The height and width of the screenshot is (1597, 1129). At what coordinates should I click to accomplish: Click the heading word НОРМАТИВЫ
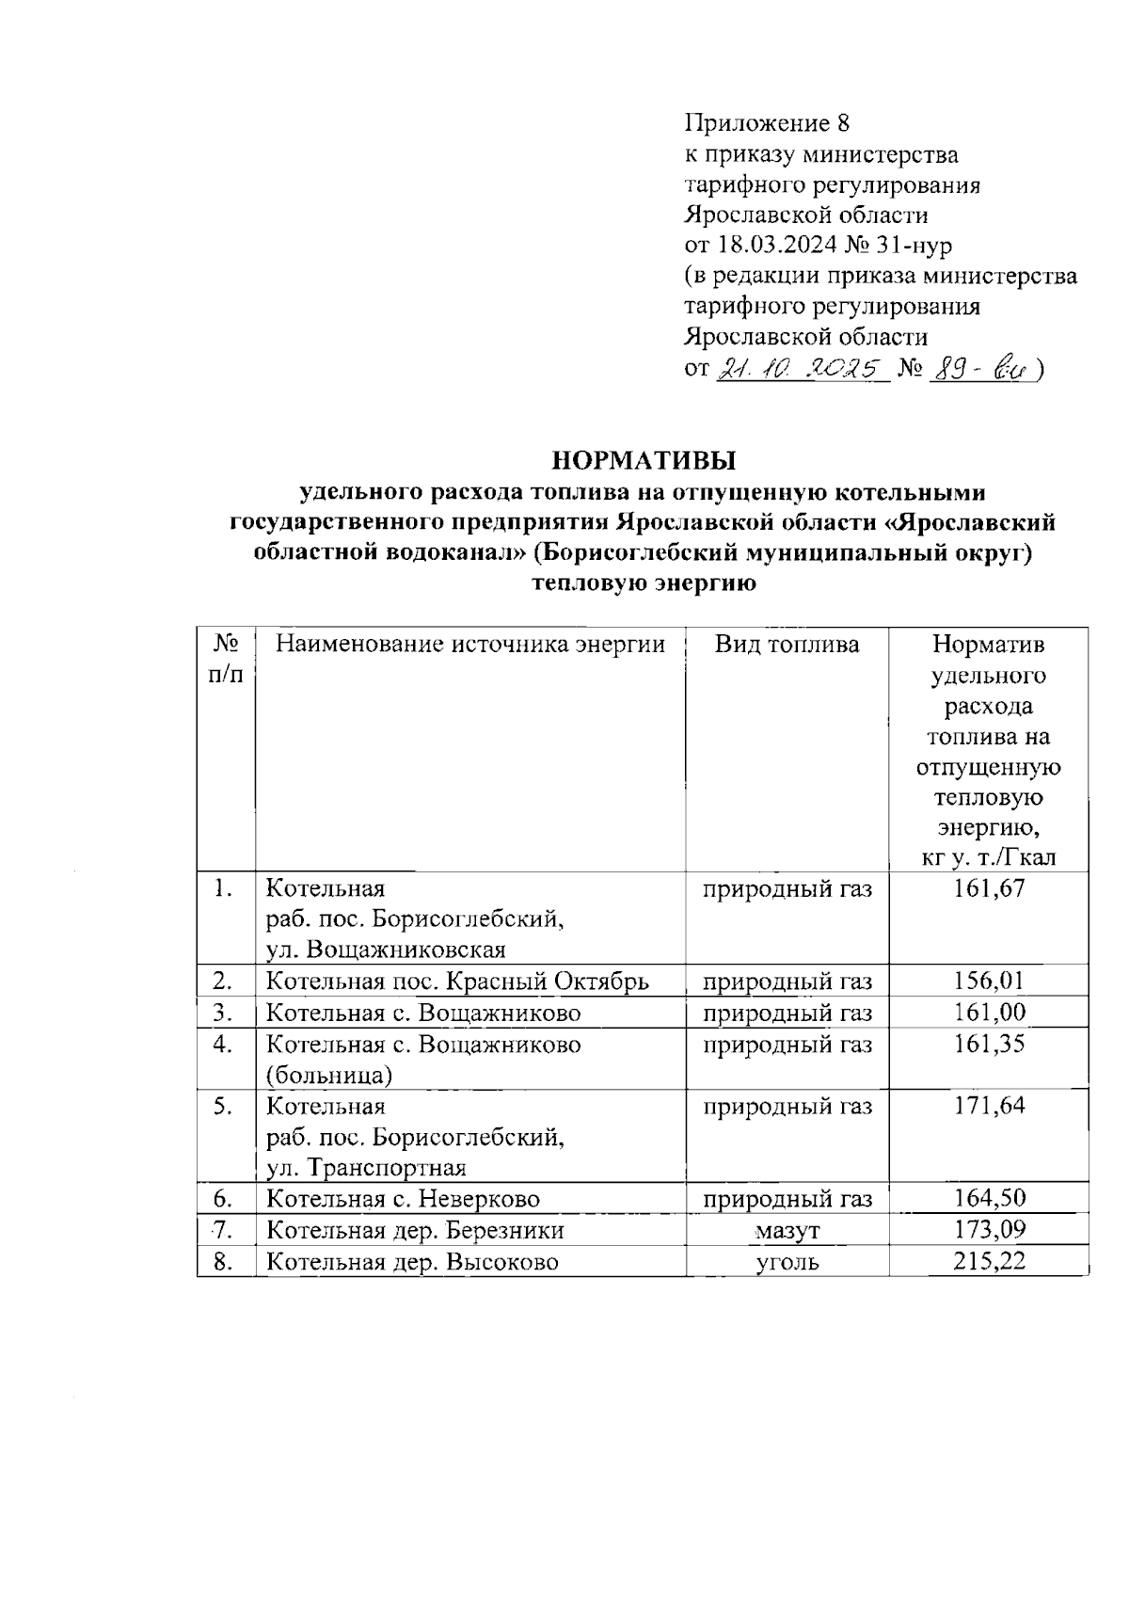pos(643,460)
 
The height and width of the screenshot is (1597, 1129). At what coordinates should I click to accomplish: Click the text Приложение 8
pos(766,123)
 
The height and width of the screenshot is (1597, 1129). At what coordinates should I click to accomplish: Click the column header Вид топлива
pos(787,645)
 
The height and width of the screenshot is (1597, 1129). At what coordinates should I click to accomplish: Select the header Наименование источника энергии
pos(469,645)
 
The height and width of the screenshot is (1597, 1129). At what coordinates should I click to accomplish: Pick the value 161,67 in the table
pos(988,888)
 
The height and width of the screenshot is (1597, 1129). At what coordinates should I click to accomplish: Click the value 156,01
pos(988,982)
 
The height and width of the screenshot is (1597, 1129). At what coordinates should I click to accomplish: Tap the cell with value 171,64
pos(988,1105)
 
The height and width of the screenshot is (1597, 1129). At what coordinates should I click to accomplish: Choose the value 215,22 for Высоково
pos(988,1261)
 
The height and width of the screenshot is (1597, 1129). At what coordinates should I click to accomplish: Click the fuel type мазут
pos(787,1230)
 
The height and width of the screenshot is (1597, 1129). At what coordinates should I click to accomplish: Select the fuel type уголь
pos(787,1262)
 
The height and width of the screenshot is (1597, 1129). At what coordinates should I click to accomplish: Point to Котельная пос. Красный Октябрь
pos(457,982)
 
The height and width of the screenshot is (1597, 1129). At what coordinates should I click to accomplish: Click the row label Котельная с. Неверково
pos(404,1199)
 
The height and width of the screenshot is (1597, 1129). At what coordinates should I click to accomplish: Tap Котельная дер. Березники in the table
pos(415,1230)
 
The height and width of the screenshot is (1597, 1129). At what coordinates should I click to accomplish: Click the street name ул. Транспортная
pos(367,1168)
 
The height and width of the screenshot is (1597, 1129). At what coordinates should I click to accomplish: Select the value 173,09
pos(988,1230)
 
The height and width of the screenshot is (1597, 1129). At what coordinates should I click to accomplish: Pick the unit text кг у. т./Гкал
pos(988,857)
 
